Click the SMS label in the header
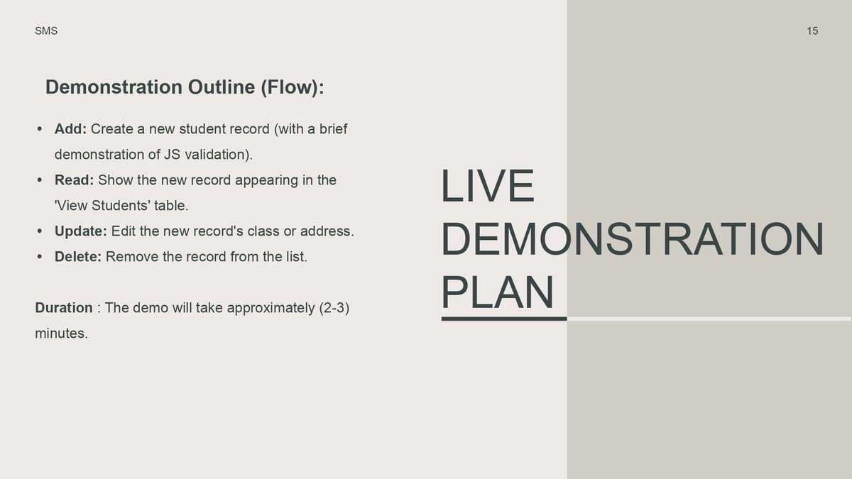tap(46, 31)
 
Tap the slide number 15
tap(812, 31)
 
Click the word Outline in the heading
tap(222, 87)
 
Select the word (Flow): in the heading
tap(293, 87)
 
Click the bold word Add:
tap(71, 129)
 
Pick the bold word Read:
tap(74, 180)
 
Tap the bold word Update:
tap(81, 231)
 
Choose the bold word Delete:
tap(78, 257)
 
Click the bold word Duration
tap(64, 307)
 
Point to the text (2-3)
tap(334, 308)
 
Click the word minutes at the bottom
tap(61, 334)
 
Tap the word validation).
tap(219, 155)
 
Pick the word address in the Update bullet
tap(327, 231)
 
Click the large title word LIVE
tap(488, 186)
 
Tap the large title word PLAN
tap(498, 292)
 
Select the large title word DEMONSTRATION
tap(633, 239)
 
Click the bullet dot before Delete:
tap(40, 257)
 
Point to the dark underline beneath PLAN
tap(504, 319)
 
